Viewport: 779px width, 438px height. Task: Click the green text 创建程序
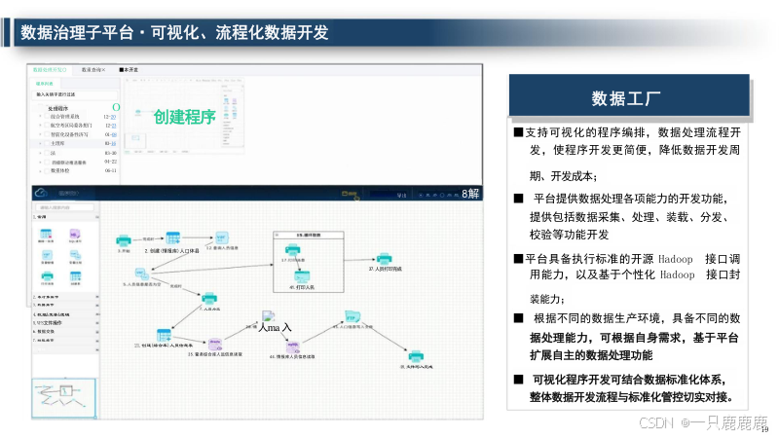click(x=184, y=118)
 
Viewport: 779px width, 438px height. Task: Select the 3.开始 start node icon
click(x=124, y=240)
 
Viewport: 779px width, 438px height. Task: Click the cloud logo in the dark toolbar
click(x=42, y=193)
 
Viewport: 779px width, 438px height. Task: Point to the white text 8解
click(x=470, y=194)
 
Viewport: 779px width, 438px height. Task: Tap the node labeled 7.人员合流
click(x=207, y=298)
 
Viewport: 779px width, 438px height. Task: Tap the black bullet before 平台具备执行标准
click(x=518, y=259)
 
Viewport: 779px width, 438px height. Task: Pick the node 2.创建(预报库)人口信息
click(x=172, y=239)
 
